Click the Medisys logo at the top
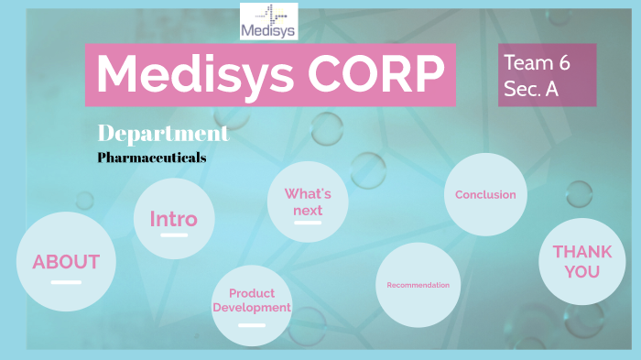(x=267, y=22)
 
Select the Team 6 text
(x=536, y=63)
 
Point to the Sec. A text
(x=530, y=88)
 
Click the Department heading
(x=162, y=133)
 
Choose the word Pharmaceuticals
(x=151, y=158)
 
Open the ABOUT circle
(x=66, y=262)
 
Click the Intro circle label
(x=174, y=219)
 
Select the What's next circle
(x=308, y=203)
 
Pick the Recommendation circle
(x=418, y=285)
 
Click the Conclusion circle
(x=485, y=194)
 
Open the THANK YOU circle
(x=576, y=261)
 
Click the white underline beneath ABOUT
(x=66, y=282)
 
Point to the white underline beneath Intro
(x=174, y=235)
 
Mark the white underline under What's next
(x=308, y=223)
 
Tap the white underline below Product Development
(x=252, y=322)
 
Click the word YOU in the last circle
(x=576, y=271)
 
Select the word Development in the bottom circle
(x=252, y=308)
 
